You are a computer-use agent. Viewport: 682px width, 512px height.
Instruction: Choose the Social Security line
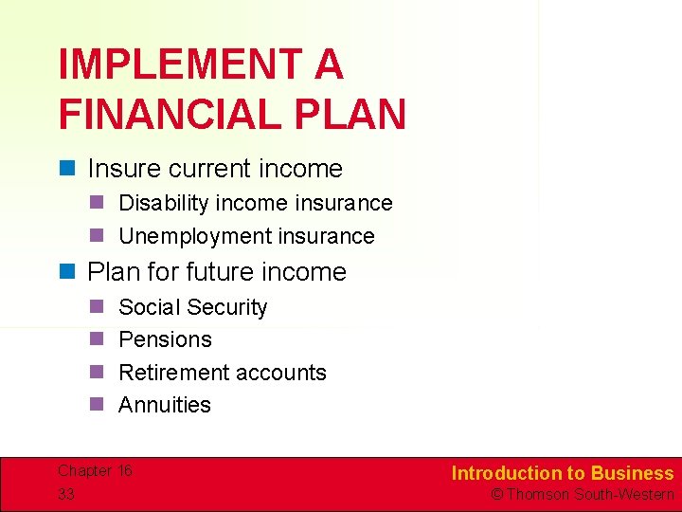(192, 307)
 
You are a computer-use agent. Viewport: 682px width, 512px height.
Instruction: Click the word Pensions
(165, 339)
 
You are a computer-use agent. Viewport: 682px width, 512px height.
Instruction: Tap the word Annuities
(165, 405)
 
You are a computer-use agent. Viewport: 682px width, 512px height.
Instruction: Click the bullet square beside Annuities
(96, 405)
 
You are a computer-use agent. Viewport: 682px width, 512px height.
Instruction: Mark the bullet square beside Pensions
(96, 339)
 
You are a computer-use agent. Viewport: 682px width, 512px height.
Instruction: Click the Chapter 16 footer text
(95, 471)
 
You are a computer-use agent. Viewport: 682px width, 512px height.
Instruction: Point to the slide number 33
(66, 494)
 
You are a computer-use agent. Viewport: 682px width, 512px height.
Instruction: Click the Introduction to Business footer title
(562, 473)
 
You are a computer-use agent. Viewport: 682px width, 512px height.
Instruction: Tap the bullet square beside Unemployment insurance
(96, 236)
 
